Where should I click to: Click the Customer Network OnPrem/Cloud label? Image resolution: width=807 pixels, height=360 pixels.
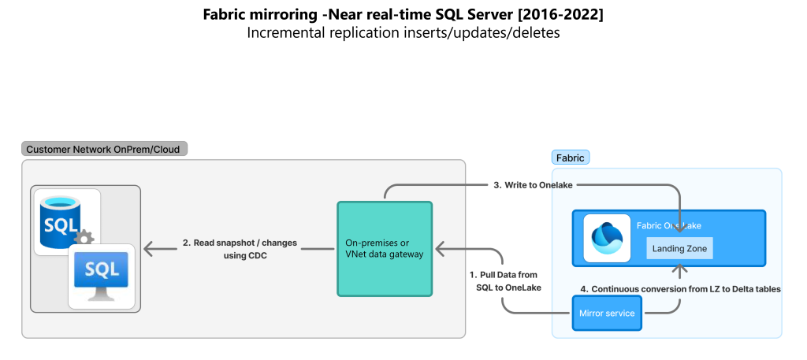[x=104, y=149]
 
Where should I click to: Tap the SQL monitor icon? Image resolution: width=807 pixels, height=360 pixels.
[x=102, y=275]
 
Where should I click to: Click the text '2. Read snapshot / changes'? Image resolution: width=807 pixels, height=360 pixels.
[x=240, y=243]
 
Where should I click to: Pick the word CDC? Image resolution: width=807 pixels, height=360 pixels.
[x=258, y=256]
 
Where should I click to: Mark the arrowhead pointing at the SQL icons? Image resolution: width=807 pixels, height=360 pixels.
[x=150, y=250]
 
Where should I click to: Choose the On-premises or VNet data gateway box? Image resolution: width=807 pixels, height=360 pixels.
[x=385, y=249]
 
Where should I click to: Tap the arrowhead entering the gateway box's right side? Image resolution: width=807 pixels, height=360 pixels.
[x=441, y=250]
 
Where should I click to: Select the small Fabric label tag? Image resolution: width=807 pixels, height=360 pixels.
[x=570, y=158]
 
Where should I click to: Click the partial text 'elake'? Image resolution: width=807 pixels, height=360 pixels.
[x=562, y=185]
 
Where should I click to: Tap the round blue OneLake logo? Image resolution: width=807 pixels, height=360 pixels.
[x=607, y=238]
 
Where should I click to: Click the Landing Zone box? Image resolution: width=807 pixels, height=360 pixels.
[x=679, y=249]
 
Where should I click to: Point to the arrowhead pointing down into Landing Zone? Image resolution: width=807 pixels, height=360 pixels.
[x=679, y=229]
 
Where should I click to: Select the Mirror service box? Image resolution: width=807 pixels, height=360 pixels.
[x=607, y=314]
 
